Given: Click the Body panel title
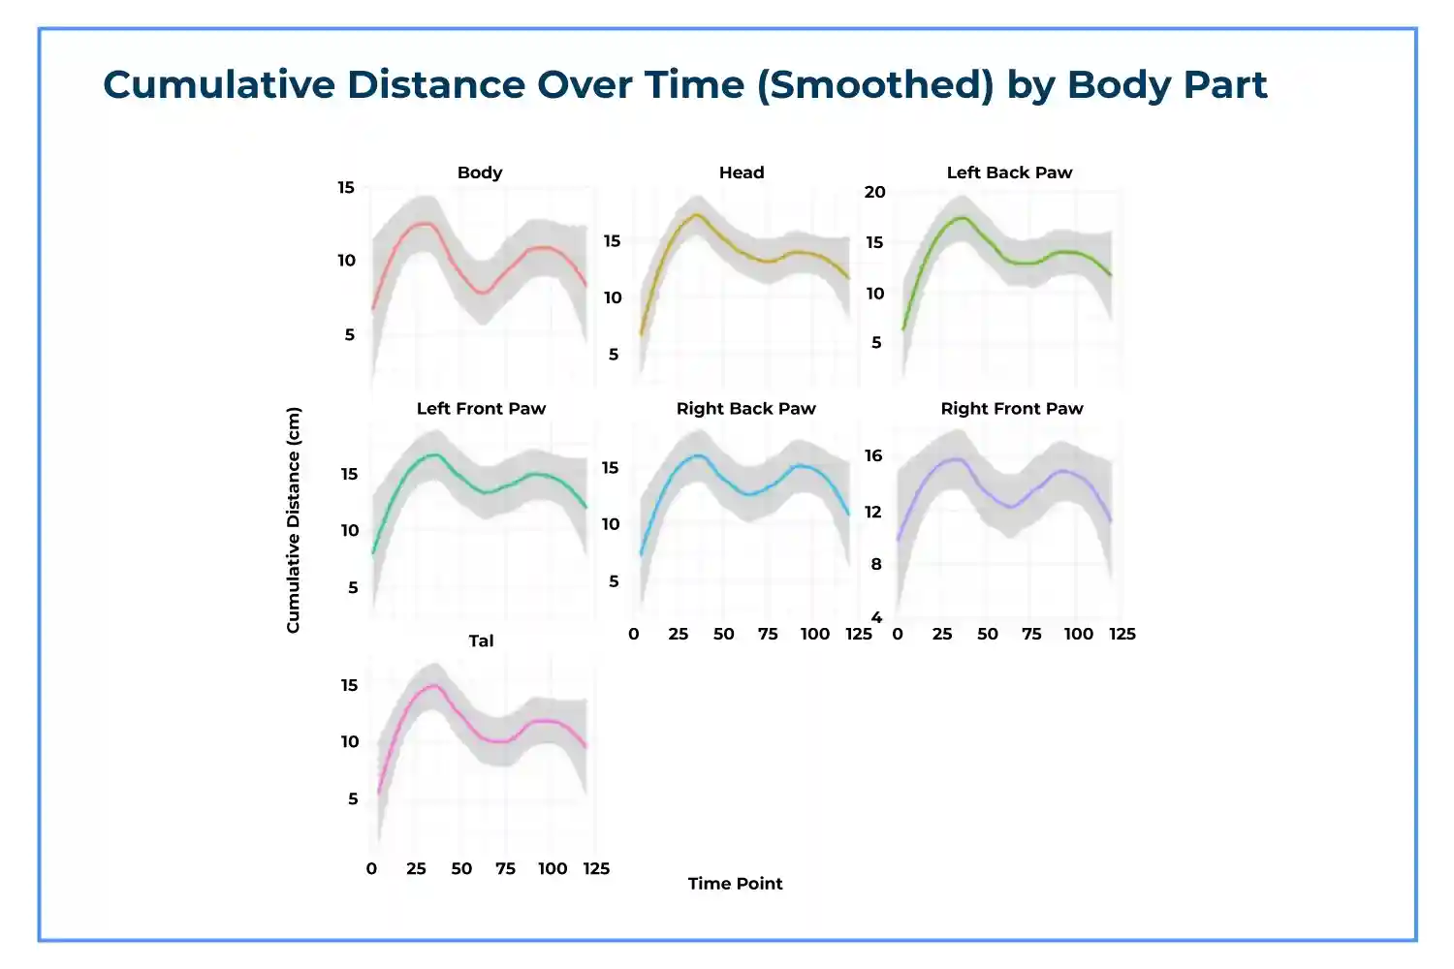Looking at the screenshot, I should point(480,172).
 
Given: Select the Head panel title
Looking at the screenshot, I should point(742,172).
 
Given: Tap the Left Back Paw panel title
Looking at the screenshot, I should point(1009,172).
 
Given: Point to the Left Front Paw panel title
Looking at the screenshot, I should point(481,409).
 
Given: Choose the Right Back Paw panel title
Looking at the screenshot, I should point(745,409).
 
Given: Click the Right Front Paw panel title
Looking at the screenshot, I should point(1011,409).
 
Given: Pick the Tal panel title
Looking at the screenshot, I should point(481,641).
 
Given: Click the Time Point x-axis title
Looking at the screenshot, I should point(735,884).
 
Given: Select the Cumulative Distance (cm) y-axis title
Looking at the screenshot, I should point(293,519).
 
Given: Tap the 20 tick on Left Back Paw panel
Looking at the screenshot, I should point(874,192).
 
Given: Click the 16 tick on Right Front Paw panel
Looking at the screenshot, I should point(873,455).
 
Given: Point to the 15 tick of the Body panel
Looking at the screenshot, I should point(346,188).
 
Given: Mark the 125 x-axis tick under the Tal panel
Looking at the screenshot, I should point(596,869).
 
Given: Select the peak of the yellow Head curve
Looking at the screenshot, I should point(695,215).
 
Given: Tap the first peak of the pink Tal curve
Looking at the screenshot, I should point(432,686).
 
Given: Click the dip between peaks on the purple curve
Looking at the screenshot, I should point(1010,507).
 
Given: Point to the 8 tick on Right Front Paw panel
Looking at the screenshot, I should point(876,564).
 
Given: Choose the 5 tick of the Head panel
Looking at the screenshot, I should point(613,355).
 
